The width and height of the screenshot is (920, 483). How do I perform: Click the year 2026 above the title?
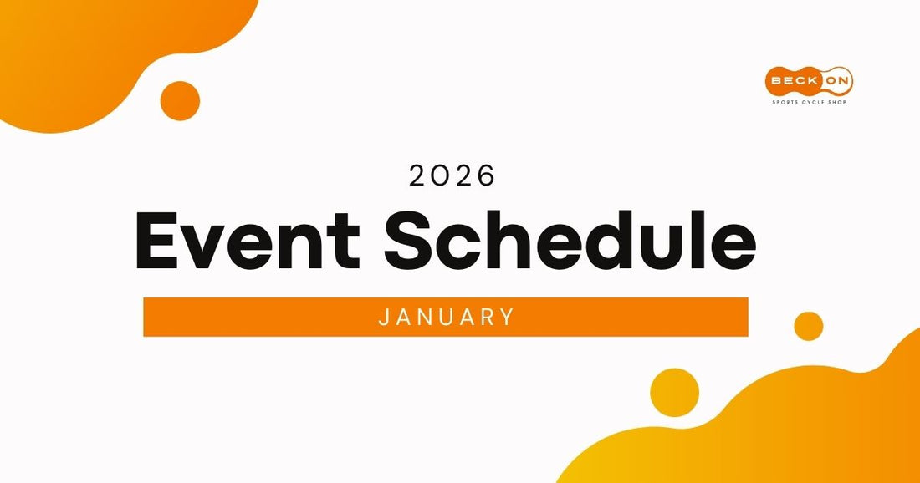coord(452,175)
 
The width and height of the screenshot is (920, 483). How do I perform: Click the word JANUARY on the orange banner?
coord(446,318)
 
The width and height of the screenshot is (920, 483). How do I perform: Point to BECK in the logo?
coord(793,81)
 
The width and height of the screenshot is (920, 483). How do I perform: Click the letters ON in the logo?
coord(836,81)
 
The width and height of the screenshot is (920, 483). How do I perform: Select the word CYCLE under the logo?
coord(812,102)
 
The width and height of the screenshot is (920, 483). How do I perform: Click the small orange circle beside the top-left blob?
coord(180,101)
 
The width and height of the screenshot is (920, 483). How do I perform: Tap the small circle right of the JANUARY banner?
coord(808,326)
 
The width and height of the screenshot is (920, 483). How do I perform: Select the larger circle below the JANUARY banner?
coord(674,392)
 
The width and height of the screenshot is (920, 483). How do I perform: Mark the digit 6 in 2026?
coord(486,175)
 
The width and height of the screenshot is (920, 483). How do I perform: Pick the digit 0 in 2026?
coord(442,175)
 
